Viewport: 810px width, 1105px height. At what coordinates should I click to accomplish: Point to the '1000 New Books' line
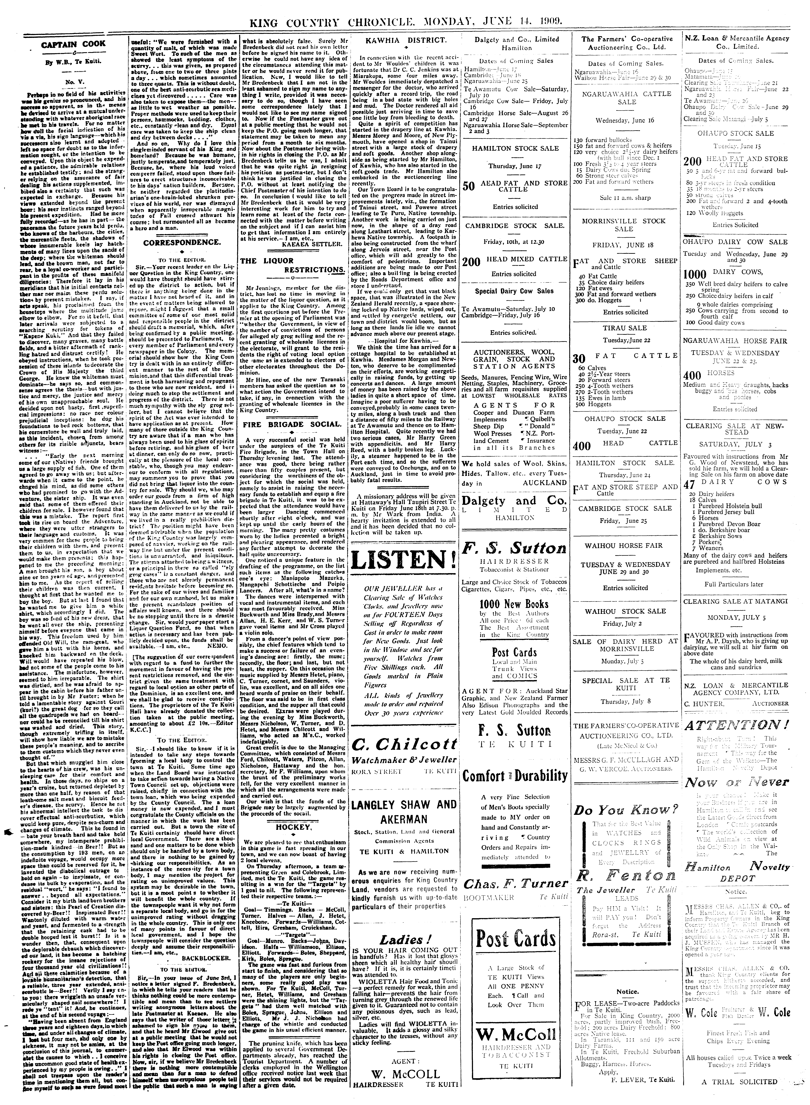(x=514, y=604)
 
